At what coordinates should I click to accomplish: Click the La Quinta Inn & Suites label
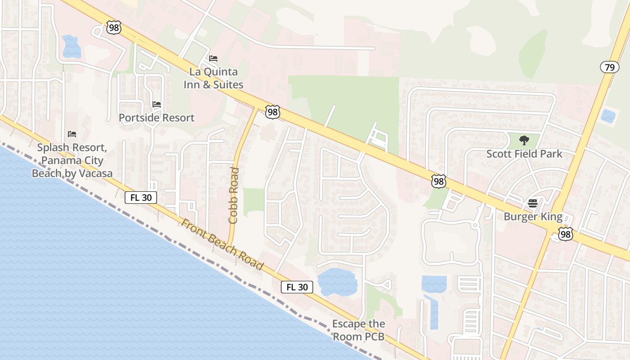tap(213, 78)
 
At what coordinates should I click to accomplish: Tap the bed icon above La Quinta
tap(213, 58)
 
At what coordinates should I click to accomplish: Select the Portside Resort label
tap(157, 118)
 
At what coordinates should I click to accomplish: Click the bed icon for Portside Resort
tap(157, 104)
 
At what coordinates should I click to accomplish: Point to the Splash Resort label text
tap(72, 160)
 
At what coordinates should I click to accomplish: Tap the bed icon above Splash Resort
tap(72, 134)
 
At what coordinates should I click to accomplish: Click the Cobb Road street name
tap(233, 195)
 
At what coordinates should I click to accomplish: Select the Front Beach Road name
tap(222, 244)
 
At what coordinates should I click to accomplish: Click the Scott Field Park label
tap(524, 154)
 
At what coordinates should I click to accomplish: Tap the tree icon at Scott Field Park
tap(524, 140)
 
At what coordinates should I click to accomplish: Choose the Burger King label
tap(533, 217)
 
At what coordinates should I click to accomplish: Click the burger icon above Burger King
tap(533, 203)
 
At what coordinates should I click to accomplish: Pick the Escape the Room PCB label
tap(359, 330)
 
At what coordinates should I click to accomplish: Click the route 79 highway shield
tap(609, 67)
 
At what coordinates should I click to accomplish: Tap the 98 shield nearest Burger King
tap(565, 234)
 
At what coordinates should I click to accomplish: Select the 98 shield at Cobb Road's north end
tap(272, 112)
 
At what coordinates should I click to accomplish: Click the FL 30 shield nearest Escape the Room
tap(297, 287)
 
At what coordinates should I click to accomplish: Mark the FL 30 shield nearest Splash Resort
tap(141, 197)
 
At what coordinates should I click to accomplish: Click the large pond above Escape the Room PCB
tap(337, 282)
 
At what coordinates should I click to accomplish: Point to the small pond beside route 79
tap(608, 116)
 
